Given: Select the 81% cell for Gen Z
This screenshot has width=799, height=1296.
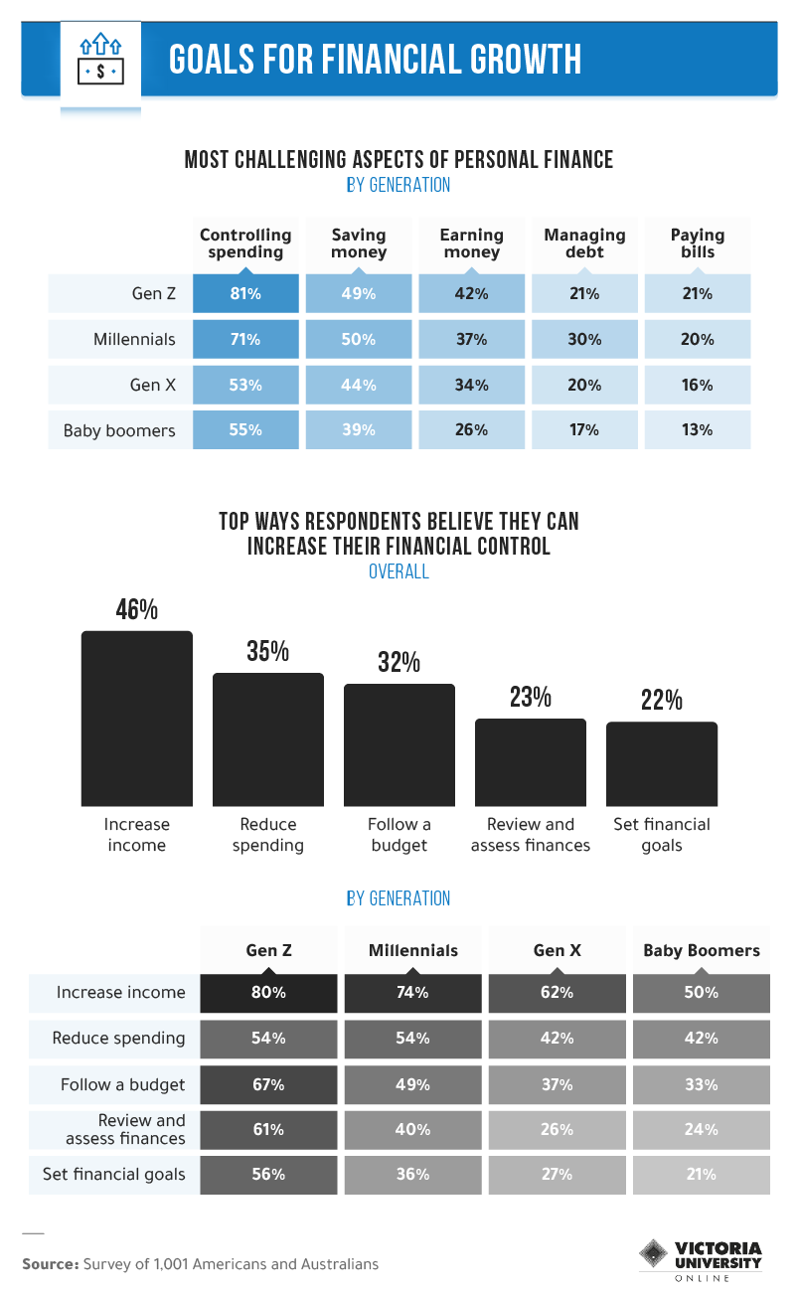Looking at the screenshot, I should [245, 294].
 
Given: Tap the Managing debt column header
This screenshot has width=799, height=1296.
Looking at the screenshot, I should [584, 243].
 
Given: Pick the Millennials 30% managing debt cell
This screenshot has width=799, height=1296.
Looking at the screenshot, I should [584, 339].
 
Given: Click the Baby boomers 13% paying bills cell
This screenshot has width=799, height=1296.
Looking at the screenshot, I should [698, 430].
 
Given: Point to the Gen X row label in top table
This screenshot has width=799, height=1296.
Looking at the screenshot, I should [153, 385].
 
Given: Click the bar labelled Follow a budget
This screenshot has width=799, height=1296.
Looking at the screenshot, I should [399, 744].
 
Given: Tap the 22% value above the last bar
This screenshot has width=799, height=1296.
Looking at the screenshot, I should [662, 700].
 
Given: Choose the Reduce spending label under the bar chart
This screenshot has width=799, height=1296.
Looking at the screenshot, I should [268, 835].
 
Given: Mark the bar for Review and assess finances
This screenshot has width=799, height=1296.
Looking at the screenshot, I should [531, 761].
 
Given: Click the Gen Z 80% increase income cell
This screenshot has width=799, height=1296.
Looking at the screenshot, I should [268, 993].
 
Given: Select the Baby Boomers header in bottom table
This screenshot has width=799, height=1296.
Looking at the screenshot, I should [701, 950].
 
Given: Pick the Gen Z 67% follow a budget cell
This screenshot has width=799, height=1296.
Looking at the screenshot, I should [268, 1084].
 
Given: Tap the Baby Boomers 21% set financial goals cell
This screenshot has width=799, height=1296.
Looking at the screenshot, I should [701, 1175].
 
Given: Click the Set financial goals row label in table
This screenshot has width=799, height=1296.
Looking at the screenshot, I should [114, 1175].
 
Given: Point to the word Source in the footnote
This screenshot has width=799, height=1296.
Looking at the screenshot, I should [50, 1264].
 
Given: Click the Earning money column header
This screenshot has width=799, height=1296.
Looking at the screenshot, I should [471, 243].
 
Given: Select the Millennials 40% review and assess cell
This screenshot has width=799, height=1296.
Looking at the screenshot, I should [412, 1130].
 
